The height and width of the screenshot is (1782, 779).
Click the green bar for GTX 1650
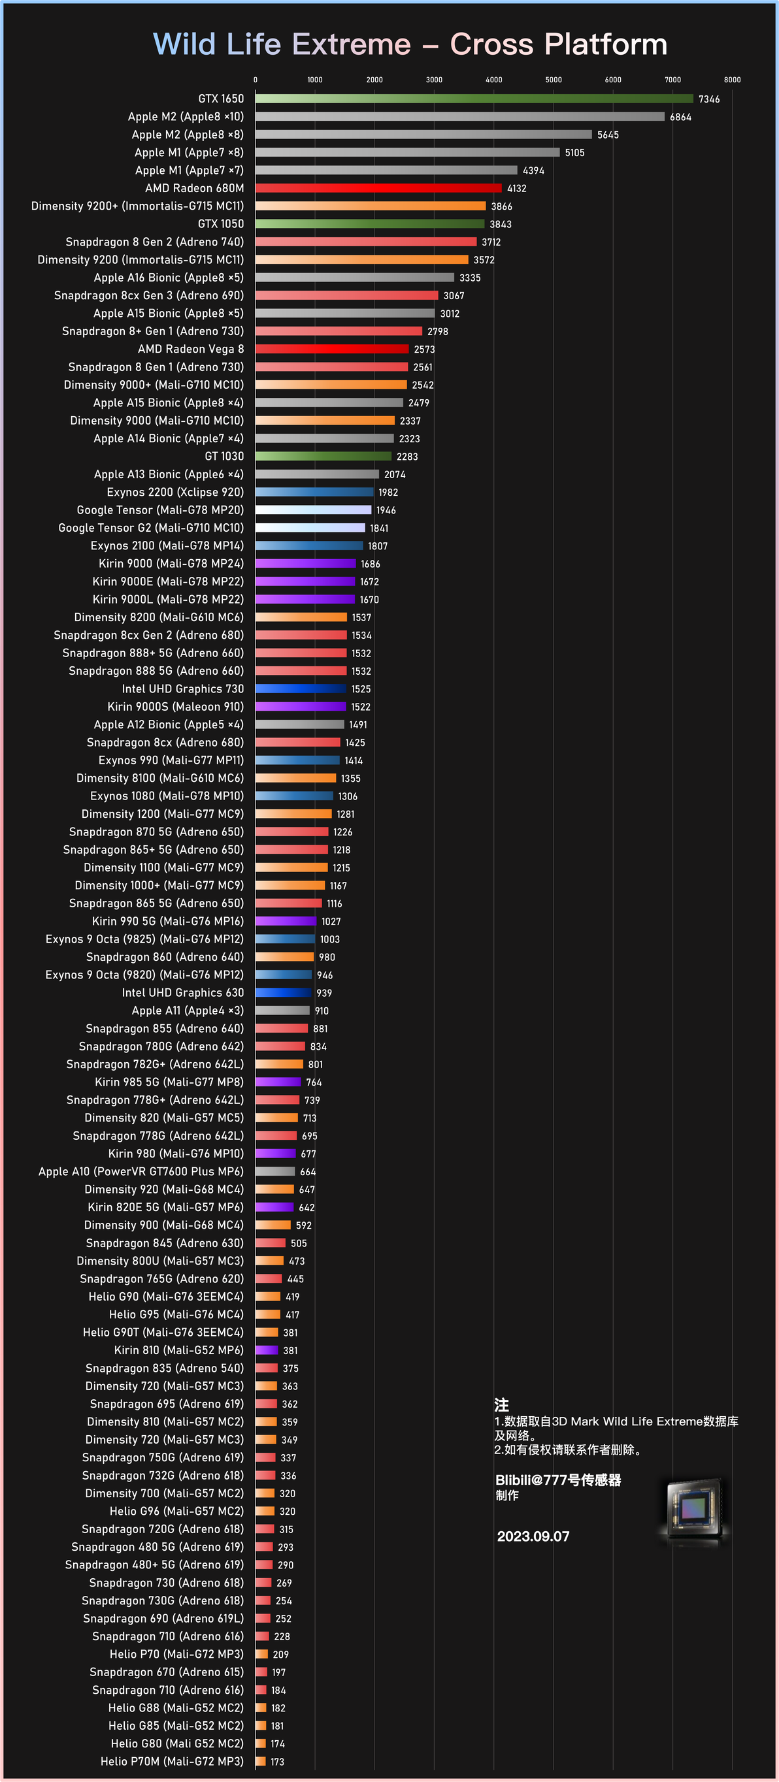pyautogui.click(x=474, y=99)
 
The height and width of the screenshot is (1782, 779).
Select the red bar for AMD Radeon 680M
pyautogui.click(x=378, y=188)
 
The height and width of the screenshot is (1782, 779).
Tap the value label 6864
pyautogui.click(x=680, y=117)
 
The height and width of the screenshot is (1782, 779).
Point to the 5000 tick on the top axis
pyautogui.click(x=554, y=80)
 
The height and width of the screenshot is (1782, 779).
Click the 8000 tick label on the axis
pyautogui.click(x=732, y=80)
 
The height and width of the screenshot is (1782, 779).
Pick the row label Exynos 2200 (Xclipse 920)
pyautogui.click(x=175, y=492)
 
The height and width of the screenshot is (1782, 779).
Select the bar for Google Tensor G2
pyautogui.click(x=310, y=528)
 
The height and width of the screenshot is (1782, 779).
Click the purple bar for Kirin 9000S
pyautogui.click(x=300, y=706)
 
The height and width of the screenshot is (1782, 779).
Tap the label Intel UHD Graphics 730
pyautogui.click(x=182, y=688)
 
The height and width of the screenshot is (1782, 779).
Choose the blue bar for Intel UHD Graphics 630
pyautogui.click(x=284, y=993)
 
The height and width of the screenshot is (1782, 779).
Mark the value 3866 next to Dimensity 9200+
pyautogui.click(x=501, y=206)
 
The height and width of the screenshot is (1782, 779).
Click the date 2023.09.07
pyautogui.click(x=533, y=1536)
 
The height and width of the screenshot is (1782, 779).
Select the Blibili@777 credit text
pyautogui.click(x=557, y=1480)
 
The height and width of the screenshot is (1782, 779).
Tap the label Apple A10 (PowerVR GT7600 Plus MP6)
pyautogui.click(x=141, y=1171)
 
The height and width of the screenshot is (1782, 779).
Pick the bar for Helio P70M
pyautogui.click(x=261, y=1761)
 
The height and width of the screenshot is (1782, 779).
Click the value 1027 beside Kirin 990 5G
pyautogui.click(x=331, y=922)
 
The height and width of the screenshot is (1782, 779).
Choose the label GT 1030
pyautogui.click(x=224, y=456)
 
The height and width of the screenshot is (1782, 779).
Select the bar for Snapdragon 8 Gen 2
pyautogui.click(x=366, y=242)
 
